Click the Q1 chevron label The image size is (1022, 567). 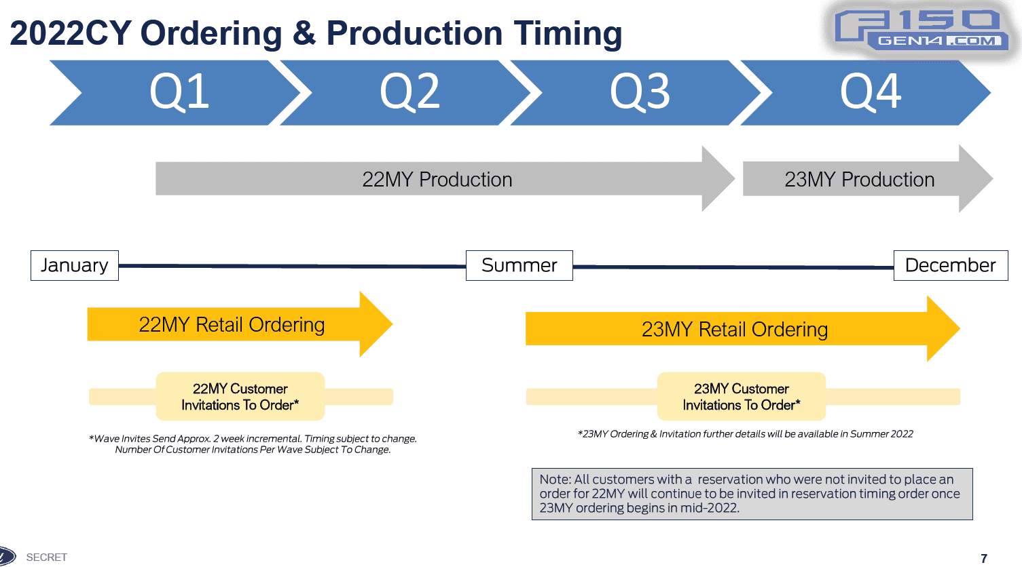179,92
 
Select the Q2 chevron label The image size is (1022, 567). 409,92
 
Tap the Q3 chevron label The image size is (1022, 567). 640,92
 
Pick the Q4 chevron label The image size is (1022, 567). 871,92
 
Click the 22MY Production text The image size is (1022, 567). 437,180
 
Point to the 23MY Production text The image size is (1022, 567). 859,180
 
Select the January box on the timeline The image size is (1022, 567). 75,265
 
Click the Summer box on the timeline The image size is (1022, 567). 519,265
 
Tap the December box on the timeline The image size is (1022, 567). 950,265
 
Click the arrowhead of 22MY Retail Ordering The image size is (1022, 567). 375,324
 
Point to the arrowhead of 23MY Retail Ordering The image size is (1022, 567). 943,329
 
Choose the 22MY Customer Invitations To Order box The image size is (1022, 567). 240,397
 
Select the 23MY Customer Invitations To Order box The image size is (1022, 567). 742,397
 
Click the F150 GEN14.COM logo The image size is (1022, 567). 924,31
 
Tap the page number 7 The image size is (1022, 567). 984,559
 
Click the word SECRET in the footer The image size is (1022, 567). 47,558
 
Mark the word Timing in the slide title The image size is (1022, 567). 568,33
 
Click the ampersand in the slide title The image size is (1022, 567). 304,33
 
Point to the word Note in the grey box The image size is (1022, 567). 554,480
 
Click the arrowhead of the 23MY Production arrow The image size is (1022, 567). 975,179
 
